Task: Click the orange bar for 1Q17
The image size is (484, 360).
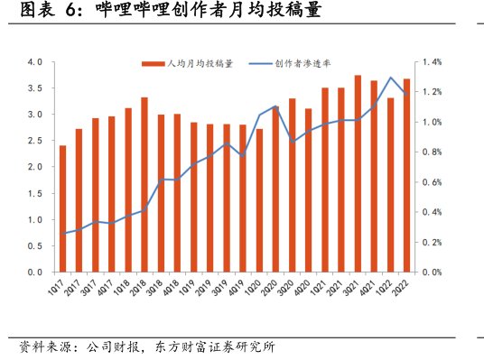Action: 62,208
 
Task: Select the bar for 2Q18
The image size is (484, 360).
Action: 144,185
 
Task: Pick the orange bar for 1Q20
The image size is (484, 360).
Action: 259,200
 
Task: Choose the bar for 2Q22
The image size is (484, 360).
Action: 406,175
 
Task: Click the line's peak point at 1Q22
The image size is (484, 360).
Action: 390,78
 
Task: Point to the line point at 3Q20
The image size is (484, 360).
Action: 292,142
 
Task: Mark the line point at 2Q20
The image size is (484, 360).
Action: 275,106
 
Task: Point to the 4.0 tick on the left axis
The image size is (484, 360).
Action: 35,62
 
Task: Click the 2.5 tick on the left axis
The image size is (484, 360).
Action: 35,141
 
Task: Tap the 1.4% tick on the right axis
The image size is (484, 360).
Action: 430,62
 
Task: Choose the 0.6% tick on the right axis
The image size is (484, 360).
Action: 430,182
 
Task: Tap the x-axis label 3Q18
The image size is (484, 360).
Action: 158,289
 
